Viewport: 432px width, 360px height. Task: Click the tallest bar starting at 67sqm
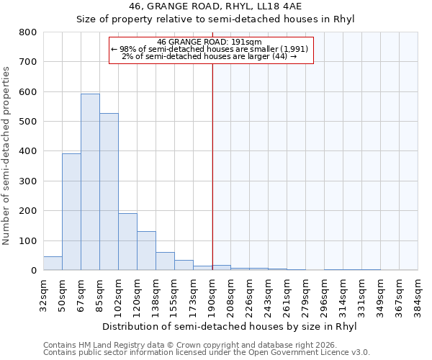[x=90, y=182]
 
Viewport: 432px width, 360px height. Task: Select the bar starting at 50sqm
[x=71, y=212]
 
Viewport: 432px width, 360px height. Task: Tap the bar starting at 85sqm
[x=109, y=192]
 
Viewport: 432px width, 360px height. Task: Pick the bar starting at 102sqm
[x=127, y=242]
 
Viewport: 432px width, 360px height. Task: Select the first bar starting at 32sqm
[x=53, y=264]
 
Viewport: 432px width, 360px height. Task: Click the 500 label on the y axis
[x=27, y=122]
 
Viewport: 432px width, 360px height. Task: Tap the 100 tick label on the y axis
[x=27, y=240]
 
